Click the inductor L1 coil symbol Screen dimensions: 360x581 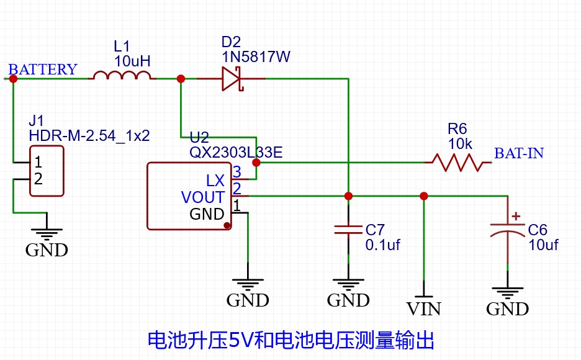[x=122, y=76]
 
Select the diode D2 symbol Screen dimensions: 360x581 [x=231, y=79]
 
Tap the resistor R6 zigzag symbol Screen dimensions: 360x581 [x=458, y=163]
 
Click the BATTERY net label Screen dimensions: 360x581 [x=43, y=70]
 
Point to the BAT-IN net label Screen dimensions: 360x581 [x=518, y=153]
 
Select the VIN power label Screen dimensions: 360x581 [x=424, y=308]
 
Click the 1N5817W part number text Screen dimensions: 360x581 [x=256, y=57]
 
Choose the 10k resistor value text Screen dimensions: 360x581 [x=460, y=144]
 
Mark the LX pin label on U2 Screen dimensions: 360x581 [x=215, y=181]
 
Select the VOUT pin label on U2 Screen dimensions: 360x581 [x=202, y=197]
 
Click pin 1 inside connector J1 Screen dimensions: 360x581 [x=38, y=163]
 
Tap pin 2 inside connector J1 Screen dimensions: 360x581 [x=38, y=179]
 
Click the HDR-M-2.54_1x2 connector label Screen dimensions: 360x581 [x=89, y=135]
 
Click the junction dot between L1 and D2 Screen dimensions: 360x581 [x=181, y=79]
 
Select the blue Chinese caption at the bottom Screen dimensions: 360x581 [x=290, y=340]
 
